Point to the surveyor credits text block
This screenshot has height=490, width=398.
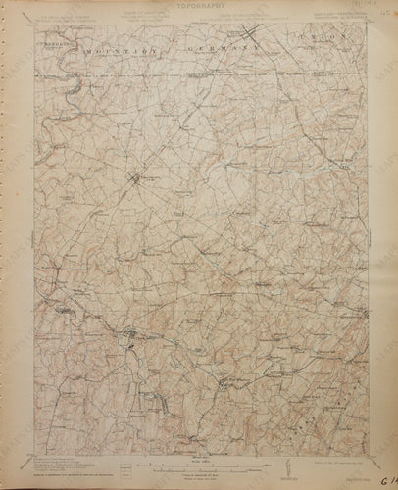[59, 459]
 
